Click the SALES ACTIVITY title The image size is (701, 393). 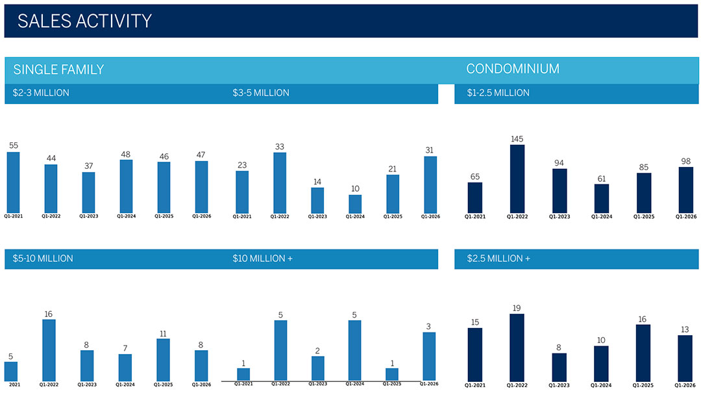[84, 21]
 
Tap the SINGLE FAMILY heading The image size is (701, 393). [58, 70]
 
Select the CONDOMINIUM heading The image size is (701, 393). [513, 69]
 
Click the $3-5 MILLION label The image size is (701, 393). [261, 93]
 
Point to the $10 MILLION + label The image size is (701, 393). [262, 259]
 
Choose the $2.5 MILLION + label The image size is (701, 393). [498, 259]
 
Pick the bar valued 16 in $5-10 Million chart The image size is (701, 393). [49, 349]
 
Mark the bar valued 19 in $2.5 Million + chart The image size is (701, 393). [517, 347]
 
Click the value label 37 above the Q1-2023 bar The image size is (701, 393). [88, 166]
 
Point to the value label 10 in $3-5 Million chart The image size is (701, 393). [355, 189]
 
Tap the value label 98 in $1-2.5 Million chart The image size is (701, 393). [685, 161]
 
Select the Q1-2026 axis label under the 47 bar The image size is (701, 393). [201, 216]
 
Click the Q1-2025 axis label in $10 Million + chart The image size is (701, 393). [392, 384]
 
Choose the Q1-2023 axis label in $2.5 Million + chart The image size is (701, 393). [560, 385]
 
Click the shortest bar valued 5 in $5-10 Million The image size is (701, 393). [11, 371]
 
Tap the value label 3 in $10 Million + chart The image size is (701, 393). [429, 326]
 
